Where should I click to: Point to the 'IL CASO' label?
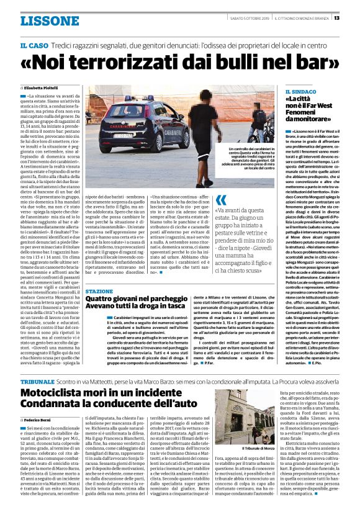point(34,47)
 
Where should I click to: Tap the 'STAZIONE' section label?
point(99,291)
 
